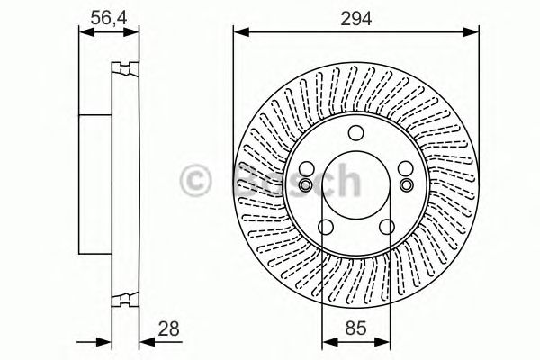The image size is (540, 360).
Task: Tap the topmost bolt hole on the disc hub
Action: pyautogui.click(x=355, y=134)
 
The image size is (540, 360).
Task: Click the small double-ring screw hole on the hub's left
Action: pyautogui.click(x=307, y=184)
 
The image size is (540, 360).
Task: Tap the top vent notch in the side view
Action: pyautogui.click(x=125, y=68)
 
